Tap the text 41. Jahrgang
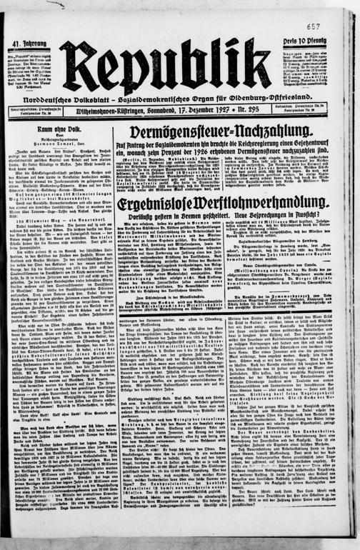(27, 44)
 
